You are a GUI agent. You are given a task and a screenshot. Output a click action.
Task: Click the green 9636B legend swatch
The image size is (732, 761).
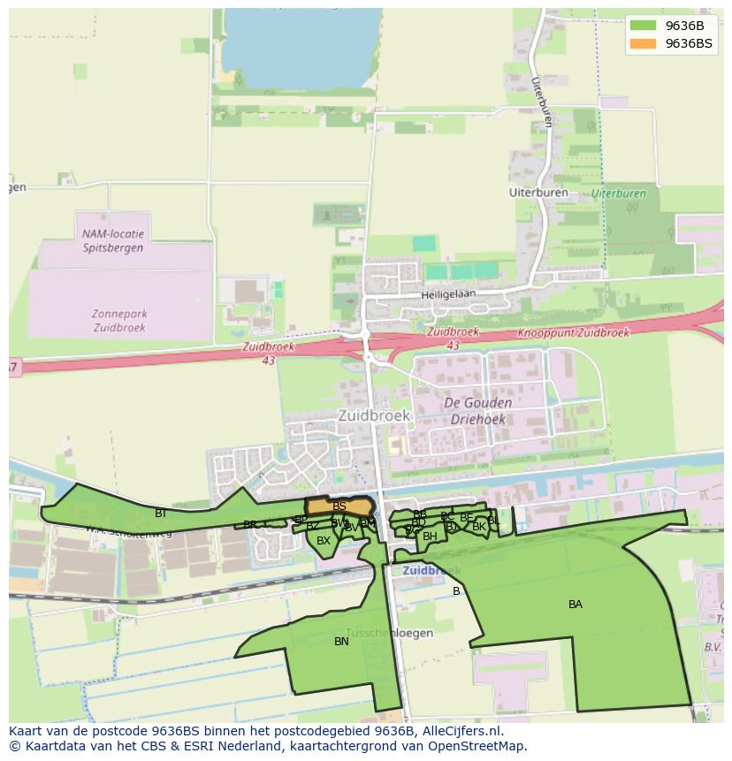pyautogui.click(x=643, y=26)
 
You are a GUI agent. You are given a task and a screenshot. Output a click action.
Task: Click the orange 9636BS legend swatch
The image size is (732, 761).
pyautogui.click(x=643, y=43)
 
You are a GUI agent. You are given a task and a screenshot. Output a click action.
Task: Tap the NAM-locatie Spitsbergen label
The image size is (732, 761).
pyautogui.click(x=112, y=241)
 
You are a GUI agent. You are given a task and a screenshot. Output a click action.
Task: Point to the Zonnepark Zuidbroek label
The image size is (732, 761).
pyautogui.click(x=119, y=320)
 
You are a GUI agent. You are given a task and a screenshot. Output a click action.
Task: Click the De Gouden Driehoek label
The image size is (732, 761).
pyautogui.click(x=477, y=411)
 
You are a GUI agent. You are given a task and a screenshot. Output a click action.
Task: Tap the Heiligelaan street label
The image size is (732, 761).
pyautogui.click(x=448, y=293)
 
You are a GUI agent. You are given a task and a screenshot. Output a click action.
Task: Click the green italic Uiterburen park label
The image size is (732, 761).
pyautogui.click(x=619, y=193)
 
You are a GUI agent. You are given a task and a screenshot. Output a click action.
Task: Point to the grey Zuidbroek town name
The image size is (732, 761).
pyautogui.click(x=374, y=415)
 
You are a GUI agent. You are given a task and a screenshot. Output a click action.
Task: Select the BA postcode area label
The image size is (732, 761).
pyautogui.click(x=576, y=605)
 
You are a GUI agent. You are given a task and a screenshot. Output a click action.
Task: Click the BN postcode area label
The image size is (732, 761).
pyautogui.click(x=341, y=642)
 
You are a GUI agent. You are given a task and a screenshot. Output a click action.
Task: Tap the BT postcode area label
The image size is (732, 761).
pyautogui.click(x=160, y=514)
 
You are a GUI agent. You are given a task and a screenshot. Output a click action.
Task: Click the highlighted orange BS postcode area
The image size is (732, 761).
pyautogui.click(x=339, y=506)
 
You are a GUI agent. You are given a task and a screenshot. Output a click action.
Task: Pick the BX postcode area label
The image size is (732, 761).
pyautogui.click(x=324, y=540)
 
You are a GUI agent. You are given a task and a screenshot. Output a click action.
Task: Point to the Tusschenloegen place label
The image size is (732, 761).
pyautogui.click(x=389, y=633)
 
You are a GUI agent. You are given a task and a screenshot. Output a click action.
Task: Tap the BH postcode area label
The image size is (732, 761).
pyautogui.click(x=430, y=537)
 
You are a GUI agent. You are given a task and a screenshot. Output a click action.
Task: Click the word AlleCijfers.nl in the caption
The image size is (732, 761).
pyautogui.click(x=460, y=731)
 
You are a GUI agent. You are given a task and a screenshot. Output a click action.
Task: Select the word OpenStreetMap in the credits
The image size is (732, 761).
pyautogui.click(x=477, y=746)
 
